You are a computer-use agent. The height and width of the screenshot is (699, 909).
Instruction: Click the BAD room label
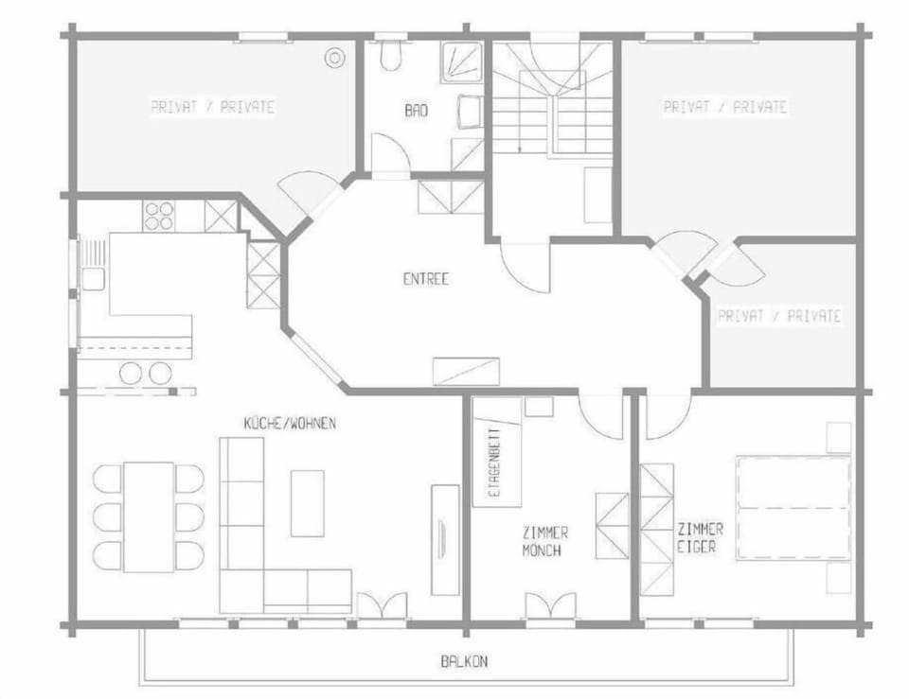[417, 110]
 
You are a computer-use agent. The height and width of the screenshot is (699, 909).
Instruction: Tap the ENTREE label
[426, 278]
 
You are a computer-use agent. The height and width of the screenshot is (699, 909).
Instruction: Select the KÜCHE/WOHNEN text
[290, 424]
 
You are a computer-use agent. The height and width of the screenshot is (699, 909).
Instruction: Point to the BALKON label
[464, 661]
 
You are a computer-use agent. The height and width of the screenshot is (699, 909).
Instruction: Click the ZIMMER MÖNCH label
[545, 541]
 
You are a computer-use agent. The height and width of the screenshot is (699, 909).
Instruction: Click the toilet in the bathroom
[392, 55]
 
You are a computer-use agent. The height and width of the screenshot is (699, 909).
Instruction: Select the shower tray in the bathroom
[461, 62]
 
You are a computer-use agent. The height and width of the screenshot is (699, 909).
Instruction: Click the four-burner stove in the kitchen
[158, 216]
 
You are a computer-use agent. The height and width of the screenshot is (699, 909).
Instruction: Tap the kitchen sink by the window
[93, 279]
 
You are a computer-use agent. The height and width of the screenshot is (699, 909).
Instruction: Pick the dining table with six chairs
[149, 516]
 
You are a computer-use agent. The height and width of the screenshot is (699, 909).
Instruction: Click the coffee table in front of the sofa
[307, 503]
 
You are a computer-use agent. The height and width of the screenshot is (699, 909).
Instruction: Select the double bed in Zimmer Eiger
[793, 508]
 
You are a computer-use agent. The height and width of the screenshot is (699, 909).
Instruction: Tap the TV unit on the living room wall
[445, 540]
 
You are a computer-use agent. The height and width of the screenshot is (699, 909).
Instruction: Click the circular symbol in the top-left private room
[334, 58]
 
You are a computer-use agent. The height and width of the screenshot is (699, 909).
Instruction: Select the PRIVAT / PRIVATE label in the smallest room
[779, 316]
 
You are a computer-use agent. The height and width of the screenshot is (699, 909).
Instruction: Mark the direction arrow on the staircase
[520, 123]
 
